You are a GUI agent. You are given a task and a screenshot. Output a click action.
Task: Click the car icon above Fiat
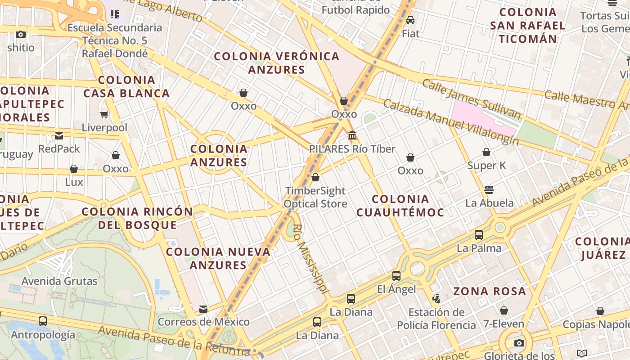tap(410, 20)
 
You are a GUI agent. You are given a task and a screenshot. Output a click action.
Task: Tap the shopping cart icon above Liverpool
tap(104, 115)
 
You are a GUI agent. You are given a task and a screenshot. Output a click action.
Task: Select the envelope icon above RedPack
tap(59, 135)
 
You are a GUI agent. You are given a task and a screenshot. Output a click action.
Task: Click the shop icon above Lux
tap(74, 169)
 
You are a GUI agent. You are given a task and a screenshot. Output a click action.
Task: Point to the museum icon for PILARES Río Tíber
tap(352, 135)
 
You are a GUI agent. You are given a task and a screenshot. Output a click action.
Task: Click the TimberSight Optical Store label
tap(315, 197)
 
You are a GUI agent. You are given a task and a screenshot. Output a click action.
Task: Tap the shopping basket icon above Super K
tap(486, 152)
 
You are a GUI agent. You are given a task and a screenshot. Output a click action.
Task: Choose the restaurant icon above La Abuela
tap(489, 189)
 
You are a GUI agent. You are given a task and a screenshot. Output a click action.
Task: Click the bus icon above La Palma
tap(479, 234)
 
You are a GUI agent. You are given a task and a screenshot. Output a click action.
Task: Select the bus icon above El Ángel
tap(396, 276)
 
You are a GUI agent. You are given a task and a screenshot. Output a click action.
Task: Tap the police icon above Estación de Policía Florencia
tap(436, 298)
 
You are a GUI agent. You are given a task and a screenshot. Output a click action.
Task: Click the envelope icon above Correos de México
tap(203, 309)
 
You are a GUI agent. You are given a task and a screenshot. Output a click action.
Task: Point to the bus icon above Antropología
tap(43, 321)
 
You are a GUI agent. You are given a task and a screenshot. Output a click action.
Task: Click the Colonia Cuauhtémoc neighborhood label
tap(400, 206)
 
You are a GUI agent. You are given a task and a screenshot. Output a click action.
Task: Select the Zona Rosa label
tap(489, 291)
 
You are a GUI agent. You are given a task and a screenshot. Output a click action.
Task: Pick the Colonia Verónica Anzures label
tap(276, 63)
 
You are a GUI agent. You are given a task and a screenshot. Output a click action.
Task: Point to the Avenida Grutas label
tap(59, 281)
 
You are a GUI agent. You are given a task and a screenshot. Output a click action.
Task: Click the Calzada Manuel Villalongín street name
tap(450, 122)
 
